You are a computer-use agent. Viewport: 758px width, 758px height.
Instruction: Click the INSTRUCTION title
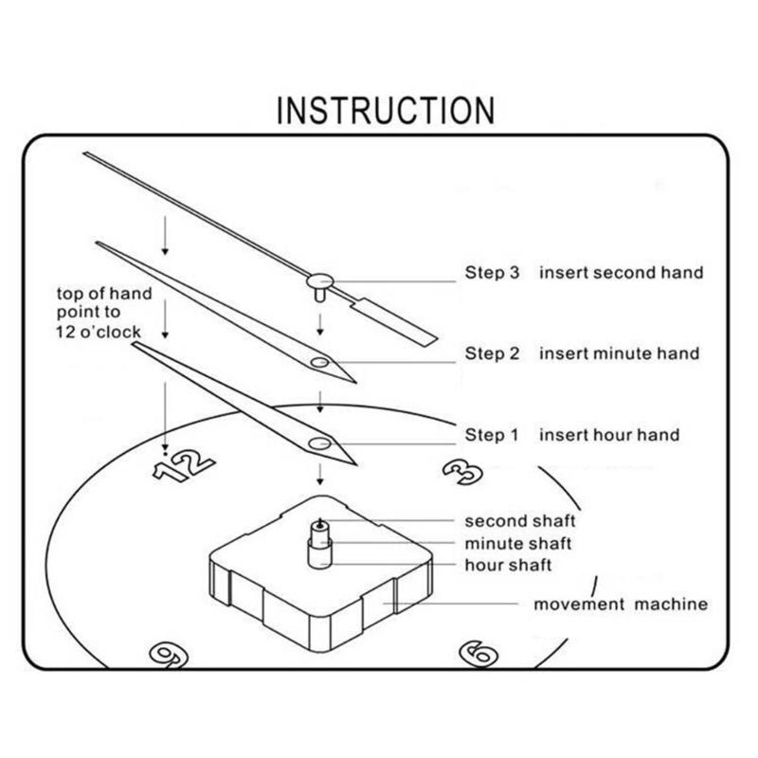385,110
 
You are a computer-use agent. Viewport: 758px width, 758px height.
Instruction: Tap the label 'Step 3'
492,273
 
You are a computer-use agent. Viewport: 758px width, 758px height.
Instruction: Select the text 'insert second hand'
622,273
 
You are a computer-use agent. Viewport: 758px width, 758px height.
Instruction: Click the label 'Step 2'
492,354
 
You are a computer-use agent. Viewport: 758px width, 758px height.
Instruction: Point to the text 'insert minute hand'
620,354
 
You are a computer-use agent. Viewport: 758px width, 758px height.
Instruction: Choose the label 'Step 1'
492,435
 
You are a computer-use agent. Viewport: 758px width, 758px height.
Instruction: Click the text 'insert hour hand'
609,435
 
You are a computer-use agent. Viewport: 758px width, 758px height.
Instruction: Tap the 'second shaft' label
519,521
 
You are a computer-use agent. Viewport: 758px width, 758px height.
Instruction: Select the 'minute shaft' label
517,544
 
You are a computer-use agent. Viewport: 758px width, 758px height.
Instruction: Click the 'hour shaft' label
508,566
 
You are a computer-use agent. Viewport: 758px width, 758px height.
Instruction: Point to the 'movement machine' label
620,604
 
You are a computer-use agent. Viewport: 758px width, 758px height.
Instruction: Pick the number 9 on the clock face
168,654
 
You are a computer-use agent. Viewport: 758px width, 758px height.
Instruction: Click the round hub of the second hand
319,280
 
